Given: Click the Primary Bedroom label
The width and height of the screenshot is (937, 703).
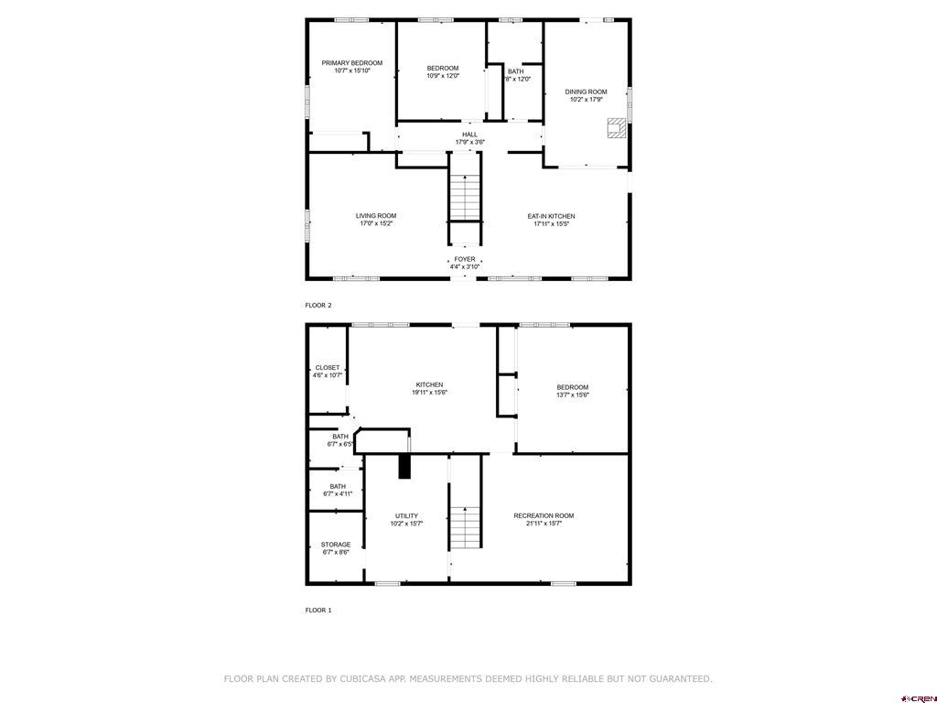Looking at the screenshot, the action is point(352,63).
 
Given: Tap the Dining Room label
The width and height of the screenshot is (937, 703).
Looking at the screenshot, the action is point(587,92).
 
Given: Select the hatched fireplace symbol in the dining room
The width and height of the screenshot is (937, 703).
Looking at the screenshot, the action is point(617,128).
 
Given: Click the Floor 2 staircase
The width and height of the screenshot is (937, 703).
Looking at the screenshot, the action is point(465,197).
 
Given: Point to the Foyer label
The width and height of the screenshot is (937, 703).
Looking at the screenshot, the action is point(465,259).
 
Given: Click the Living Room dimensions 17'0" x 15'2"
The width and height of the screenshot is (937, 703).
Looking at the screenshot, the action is point(376,223).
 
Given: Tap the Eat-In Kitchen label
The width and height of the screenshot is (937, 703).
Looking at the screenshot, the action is point(551,216).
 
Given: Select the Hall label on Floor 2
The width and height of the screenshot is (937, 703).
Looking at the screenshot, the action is point(469,135).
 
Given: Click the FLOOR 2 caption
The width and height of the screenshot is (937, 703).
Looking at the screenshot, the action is point(318,306).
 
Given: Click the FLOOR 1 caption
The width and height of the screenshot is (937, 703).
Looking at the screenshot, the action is point(318,611).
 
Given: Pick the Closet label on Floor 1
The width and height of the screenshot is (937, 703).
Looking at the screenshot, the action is point(328,368).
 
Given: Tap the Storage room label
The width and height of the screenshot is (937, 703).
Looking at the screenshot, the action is point(336,545).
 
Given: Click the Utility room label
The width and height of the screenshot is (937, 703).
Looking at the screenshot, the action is point(406,516).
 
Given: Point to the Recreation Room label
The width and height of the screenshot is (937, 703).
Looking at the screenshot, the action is point(544,516).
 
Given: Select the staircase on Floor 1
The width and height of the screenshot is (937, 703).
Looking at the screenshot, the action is point(465,527).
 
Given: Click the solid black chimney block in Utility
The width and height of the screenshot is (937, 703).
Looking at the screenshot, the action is point(405,466).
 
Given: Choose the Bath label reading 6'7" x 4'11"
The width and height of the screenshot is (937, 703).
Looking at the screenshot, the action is point(338,491).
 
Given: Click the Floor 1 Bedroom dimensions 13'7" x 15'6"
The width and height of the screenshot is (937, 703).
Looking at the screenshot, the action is point(573,395).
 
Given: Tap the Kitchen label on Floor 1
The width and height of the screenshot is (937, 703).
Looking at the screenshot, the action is point(430,385).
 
